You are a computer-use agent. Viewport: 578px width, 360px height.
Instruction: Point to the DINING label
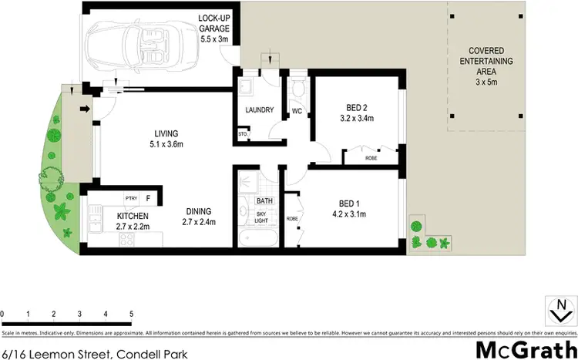point(197,217)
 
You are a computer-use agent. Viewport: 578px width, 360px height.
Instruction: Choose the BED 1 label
point(351,207)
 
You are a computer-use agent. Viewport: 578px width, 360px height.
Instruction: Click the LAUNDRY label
point(259,110)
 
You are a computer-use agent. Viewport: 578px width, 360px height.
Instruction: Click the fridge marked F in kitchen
point(148,198)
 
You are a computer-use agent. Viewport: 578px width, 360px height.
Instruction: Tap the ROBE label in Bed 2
point(371,159)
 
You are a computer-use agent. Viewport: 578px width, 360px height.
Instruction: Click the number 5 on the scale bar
point(132,315)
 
